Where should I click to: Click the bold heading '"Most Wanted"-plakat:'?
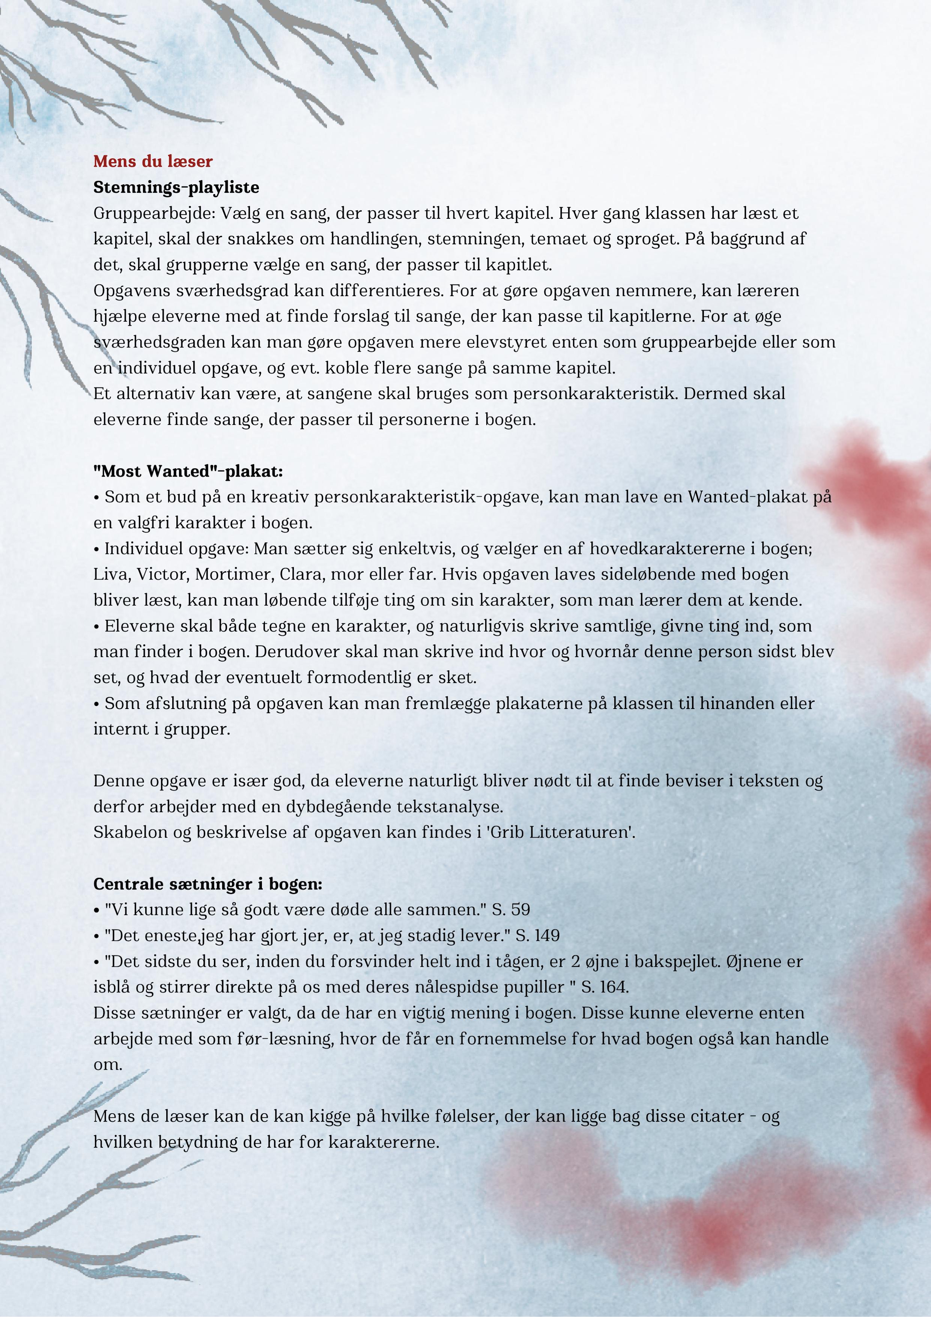coord(188,471)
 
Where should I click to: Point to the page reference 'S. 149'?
coord(537,936)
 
